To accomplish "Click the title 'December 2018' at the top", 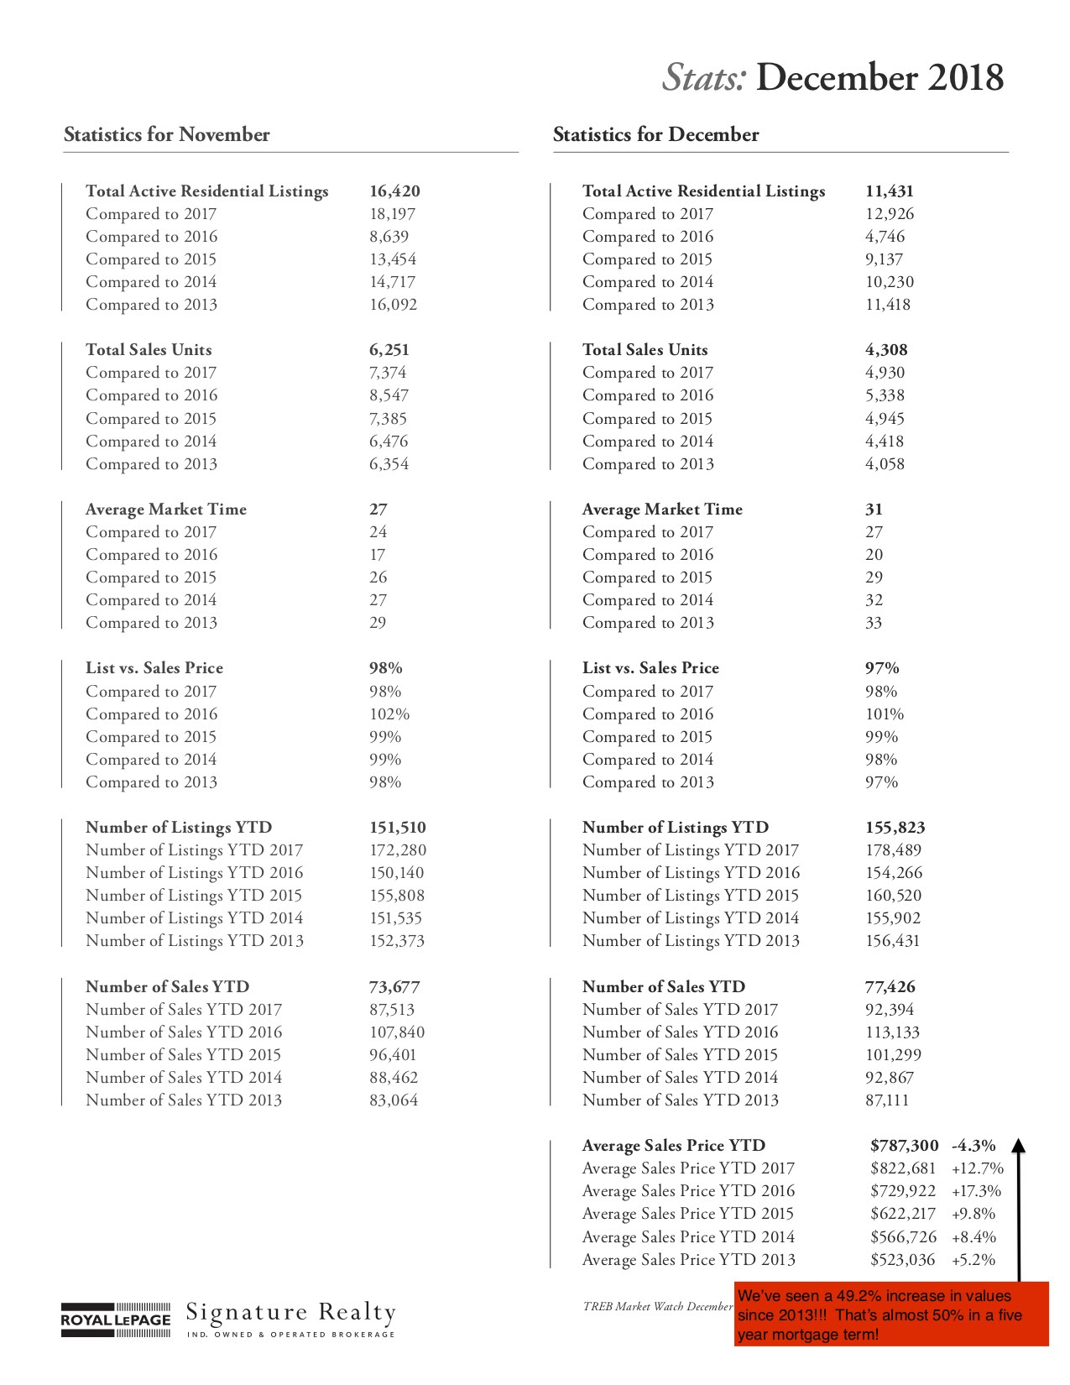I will [879, 78].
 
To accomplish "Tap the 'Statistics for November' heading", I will [167, 134].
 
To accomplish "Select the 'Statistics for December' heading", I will [655, 134].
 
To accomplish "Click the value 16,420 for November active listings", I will [394, 191].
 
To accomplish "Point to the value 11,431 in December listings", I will [890, 191].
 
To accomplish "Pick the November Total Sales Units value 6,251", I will [389, 350].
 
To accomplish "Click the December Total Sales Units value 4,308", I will [886, 350].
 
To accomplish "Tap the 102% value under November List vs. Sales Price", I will [389, 714].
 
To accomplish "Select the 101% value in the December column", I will [885, 714].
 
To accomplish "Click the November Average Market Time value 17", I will [378, 555].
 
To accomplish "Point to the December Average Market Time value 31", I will [874, 510].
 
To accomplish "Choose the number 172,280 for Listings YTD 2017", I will [398, 850].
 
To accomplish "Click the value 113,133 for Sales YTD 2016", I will [892, 1032].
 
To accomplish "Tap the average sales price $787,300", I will [904, 1146].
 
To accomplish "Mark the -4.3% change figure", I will [973, 1146].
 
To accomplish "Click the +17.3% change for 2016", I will [976, 1191].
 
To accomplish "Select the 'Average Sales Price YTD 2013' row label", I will [688, 1260].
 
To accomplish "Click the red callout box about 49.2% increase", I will [891, 1314].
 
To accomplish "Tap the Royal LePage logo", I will [116, 1320].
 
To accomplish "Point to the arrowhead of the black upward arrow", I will [1018, 1147].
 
